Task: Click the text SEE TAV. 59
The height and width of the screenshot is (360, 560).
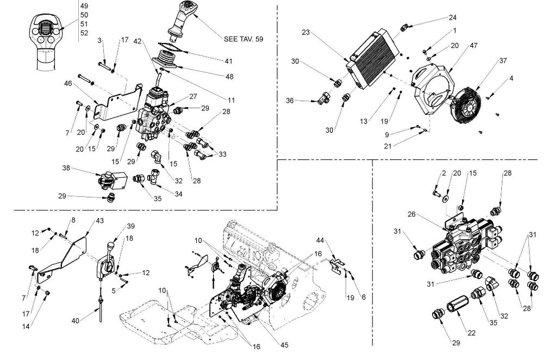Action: click(243, 39)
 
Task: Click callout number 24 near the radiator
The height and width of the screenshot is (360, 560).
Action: click(452, 17)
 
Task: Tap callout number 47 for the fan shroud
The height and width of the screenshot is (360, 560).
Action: click(474, 46)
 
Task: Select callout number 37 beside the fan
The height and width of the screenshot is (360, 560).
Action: click(503, 61)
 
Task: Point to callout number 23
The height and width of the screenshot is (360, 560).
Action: click(306, 33)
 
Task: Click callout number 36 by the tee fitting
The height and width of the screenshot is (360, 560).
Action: click(290, 101)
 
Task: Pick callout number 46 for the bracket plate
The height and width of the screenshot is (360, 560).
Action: click(68, 84)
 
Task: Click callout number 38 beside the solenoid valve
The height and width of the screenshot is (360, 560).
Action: click(66, 168)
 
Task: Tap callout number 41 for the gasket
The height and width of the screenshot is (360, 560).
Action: click(228, 61)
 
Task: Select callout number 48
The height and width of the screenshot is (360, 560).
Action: click(229, 77)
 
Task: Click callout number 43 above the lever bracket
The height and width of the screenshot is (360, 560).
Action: click(99, 221)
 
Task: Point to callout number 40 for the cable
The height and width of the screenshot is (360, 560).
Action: click(76, 321)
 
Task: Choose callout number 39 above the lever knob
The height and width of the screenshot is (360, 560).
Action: click(130, 226)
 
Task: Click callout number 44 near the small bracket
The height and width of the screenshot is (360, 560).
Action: click(320, 240)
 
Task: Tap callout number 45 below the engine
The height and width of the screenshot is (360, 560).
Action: click(284, 345)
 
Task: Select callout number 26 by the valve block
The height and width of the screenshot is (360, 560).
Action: click(412, 214)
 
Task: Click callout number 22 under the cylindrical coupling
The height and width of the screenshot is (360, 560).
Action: click(471, 333)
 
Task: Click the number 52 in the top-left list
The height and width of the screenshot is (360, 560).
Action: click(84, 33)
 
